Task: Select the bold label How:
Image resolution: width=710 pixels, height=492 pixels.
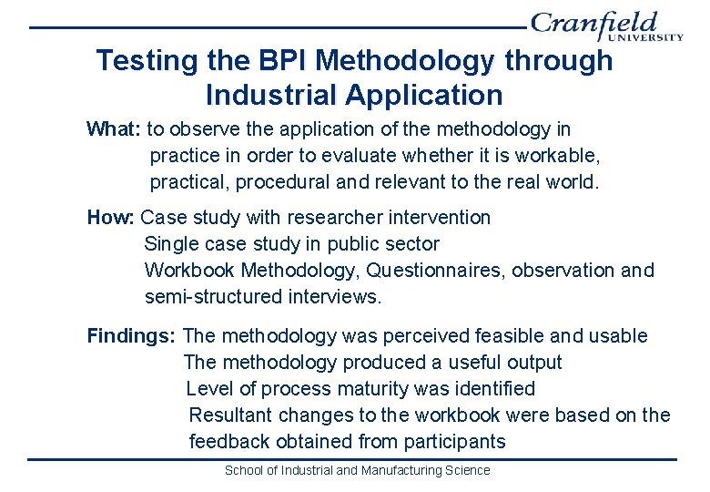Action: coord(110,218)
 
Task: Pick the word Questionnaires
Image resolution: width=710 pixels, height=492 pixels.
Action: coord(436,271)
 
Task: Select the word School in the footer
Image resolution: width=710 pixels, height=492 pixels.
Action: coord(243,471)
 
